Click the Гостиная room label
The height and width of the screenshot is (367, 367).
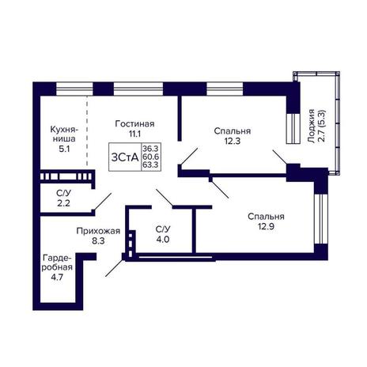click(134, 123)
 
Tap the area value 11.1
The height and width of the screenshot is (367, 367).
click(134, 134)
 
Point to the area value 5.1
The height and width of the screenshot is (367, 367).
click(64, 149)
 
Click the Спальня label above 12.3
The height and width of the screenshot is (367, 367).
click(233, 131)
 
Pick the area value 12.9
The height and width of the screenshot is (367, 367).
click(267, 226)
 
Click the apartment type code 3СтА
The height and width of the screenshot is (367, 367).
click(125, 157)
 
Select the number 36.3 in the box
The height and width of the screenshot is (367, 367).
click(150, 148)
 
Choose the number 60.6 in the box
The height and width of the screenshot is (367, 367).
click(151, 157)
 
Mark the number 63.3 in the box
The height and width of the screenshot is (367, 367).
click(150, 165)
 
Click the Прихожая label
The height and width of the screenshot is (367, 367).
click(98, 231)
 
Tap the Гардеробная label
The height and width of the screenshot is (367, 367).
click(57, 262)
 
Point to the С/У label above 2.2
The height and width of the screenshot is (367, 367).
click(64, 194)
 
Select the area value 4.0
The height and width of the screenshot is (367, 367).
click(163, 240)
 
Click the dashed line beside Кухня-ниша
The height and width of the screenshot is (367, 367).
click(87, 131)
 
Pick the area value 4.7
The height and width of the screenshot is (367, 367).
click(57, 278)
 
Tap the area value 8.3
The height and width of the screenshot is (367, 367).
click(98, 241)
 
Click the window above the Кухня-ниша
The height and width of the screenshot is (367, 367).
click(74, 89)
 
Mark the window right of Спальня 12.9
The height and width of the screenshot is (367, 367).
click(321, 219)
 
